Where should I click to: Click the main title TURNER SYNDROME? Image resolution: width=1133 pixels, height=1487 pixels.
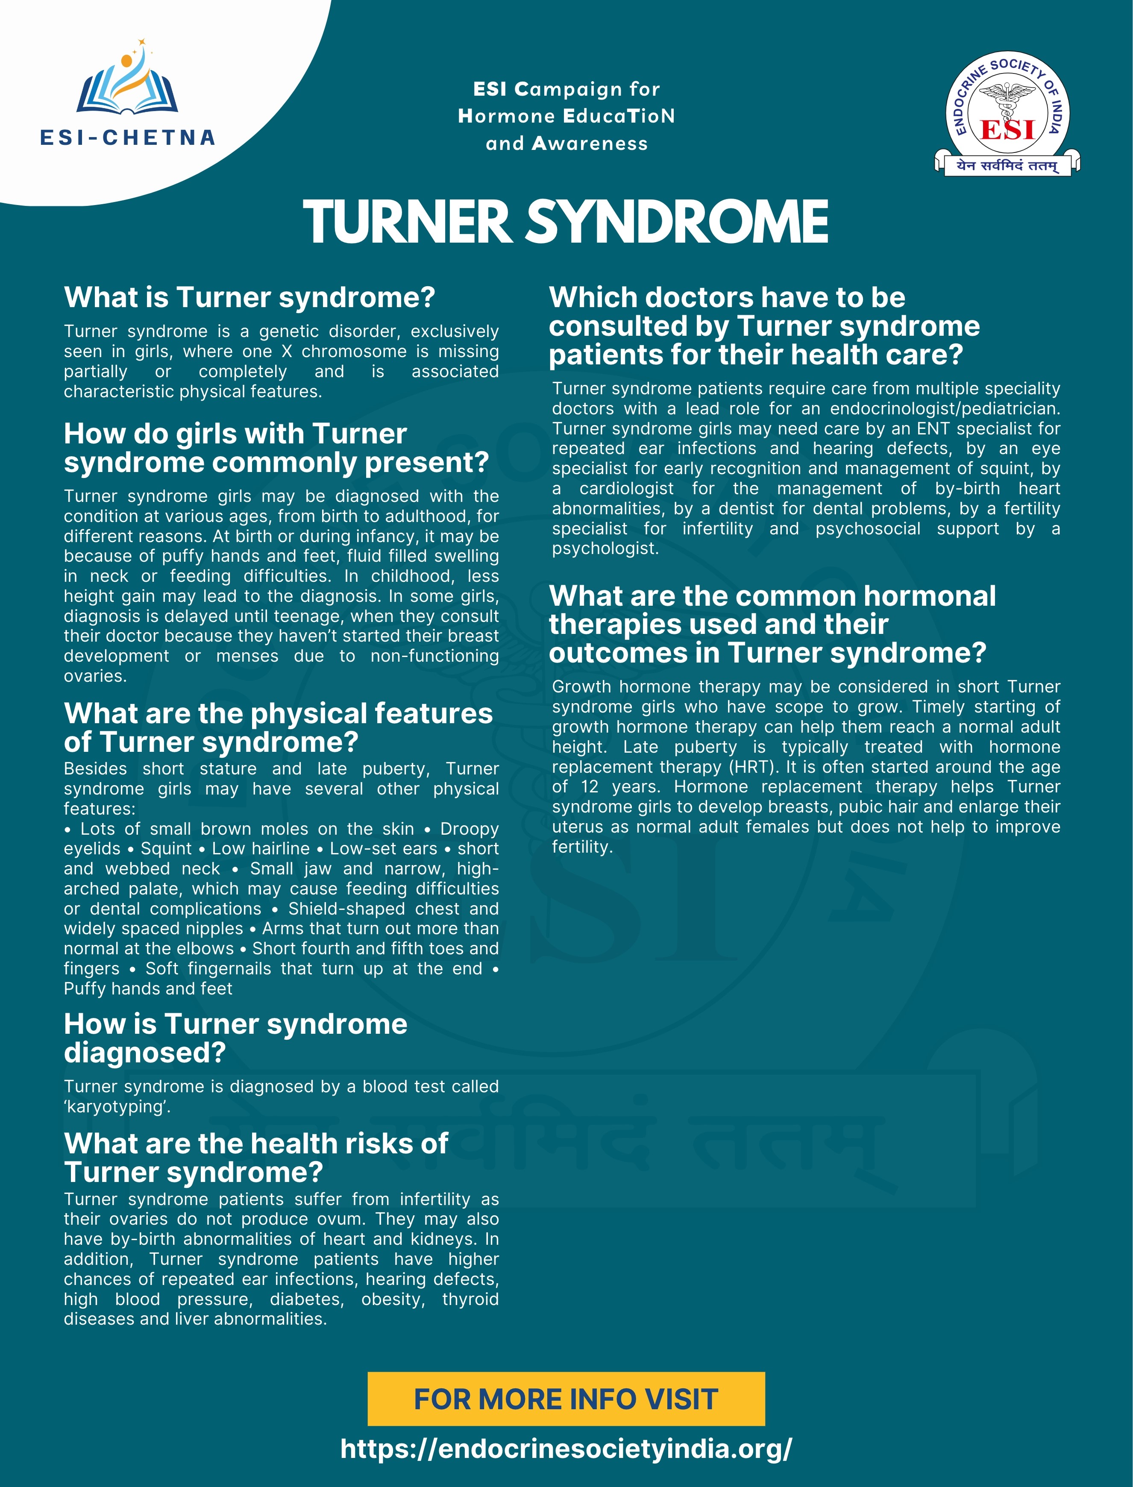tap(566, 221)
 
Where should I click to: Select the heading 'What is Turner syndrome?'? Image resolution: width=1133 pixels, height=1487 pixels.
tap(249, 297)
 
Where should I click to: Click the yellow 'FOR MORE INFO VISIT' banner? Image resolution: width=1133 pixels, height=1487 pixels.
tap(566, 1399)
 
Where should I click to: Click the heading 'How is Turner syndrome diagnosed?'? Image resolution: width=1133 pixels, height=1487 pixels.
tap(235, 1038)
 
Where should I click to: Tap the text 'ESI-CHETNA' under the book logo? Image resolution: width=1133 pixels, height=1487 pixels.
tap(127, 138)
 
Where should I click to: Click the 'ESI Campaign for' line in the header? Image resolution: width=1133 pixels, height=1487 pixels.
tap(566, 89)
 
